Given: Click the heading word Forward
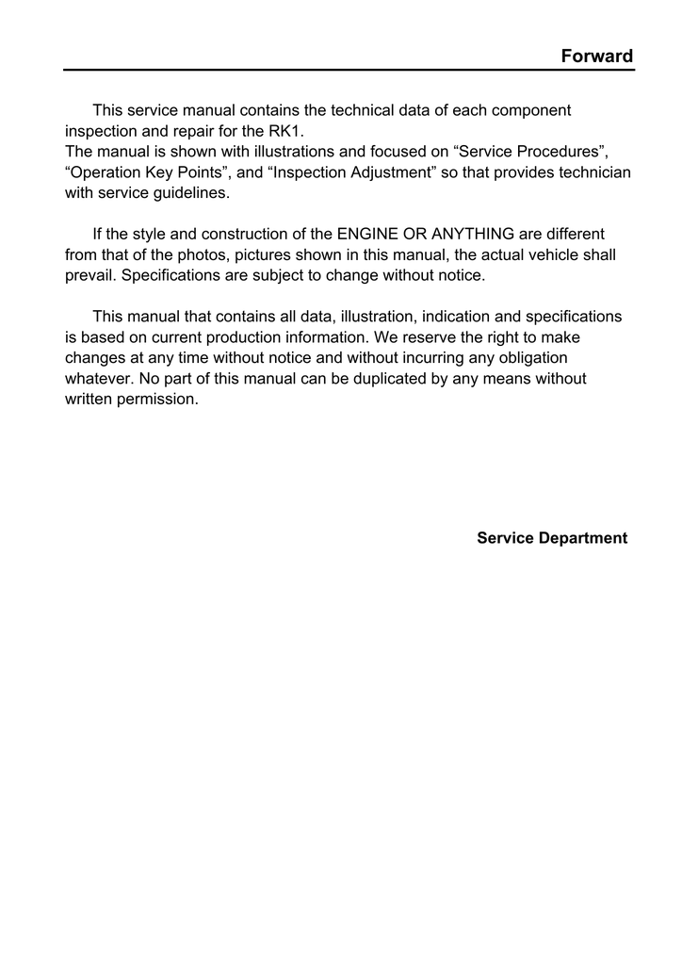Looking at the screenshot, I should pyautogui.click(x=596, y=56).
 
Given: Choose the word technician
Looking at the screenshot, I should pyautogui.click(x=595, y=172).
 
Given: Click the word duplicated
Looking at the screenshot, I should pyautogui.click(x=385, y=378).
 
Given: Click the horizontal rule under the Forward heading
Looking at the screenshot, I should pyautogui.click(x=349, y=70).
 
